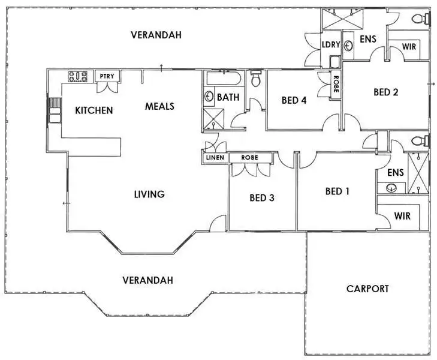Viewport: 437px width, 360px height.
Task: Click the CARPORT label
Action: coord(367,289)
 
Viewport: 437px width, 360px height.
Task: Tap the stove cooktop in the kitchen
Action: coord(79,76)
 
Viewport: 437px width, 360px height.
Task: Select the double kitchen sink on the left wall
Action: coord(55,110)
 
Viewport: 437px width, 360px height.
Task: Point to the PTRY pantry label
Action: coord(109,76)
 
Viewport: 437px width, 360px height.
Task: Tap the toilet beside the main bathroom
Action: coord(256,79)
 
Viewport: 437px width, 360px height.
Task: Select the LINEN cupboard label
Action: coord(215,158)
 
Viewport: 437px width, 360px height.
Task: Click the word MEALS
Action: coord(159,106)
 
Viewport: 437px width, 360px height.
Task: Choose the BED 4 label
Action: coord(294,100)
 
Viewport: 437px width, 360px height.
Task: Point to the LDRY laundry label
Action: coord(331,45)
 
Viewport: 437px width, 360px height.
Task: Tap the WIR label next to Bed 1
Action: coord(402,215)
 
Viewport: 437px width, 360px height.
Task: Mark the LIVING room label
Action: coord(149,194)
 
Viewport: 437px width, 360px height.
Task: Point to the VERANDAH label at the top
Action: coord(156,35)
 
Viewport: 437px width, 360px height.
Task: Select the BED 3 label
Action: coord(262,197)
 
